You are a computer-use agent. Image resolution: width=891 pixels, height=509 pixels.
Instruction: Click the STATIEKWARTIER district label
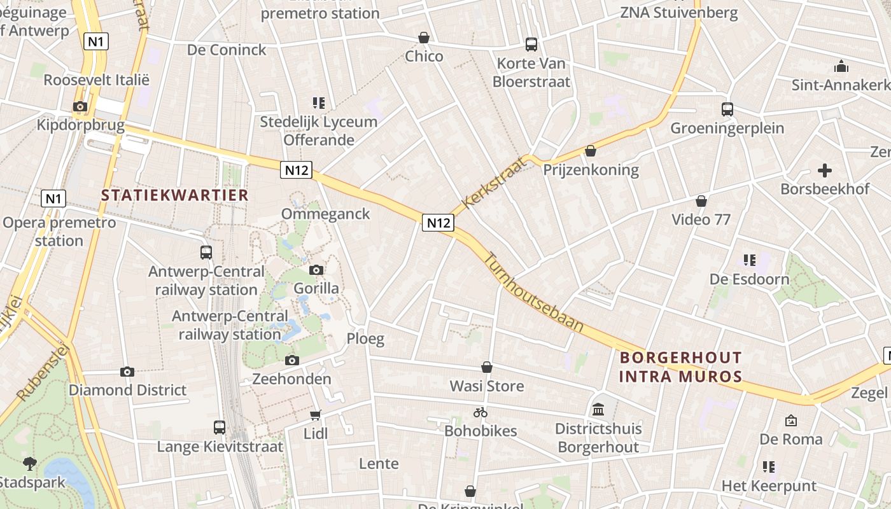[x=174, y=195]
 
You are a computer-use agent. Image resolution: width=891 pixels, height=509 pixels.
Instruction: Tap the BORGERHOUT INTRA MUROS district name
[x=680, y=366]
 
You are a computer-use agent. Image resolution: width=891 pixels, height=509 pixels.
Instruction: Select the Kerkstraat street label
[x=496, y=183]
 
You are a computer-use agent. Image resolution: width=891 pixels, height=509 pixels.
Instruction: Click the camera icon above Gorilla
[x=316, y=270]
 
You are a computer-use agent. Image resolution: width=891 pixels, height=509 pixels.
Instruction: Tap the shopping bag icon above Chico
[x=423, y=38]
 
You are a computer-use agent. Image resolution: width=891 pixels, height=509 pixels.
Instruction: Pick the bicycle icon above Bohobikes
[x=481, y=412]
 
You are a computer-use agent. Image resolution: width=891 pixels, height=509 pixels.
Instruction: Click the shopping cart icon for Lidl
[x=315, y=415]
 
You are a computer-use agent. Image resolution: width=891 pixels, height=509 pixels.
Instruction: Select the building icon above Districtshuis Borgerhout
[x=598, y=410]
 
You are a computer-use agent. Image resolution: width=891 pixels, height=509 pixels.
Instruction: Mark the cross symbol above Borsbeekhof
[x=825, y=171]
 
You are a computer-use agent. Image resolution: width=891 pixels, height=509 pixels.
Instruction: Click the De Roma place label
[x=790, y=439]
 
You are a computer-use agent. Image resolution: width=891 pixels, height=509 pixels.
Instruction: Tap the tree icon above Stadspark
[x=29, y=463]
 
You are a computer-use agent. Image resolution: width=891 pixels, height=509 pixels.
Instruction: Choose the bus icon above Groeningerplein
[x=727, y=109]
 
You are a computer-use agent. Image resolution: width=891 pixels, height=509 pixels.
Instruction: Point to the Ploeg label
[x=365, y=338]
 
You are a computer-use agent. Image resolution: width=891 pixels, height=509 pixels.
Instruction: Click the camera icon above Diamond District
[x=127, y=372]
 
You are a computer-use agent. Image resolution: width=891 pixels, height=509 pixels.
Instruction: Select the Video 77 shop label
[x=701, y=220]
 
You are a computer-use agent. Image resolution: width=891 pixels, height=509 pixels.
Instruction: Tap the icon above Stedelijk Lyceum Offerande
[x=318, y=102]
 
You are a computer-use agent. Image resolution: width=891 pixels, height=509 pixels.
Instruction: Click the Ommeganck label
[x=325, y=214]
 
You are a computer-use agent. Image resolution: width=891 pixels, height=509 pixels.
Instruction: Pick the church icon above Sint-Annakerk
[x=841, y=66]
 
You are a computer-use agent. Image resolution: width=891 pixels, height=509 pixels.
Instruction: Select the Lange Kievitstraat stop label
[x=220, y=447]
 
